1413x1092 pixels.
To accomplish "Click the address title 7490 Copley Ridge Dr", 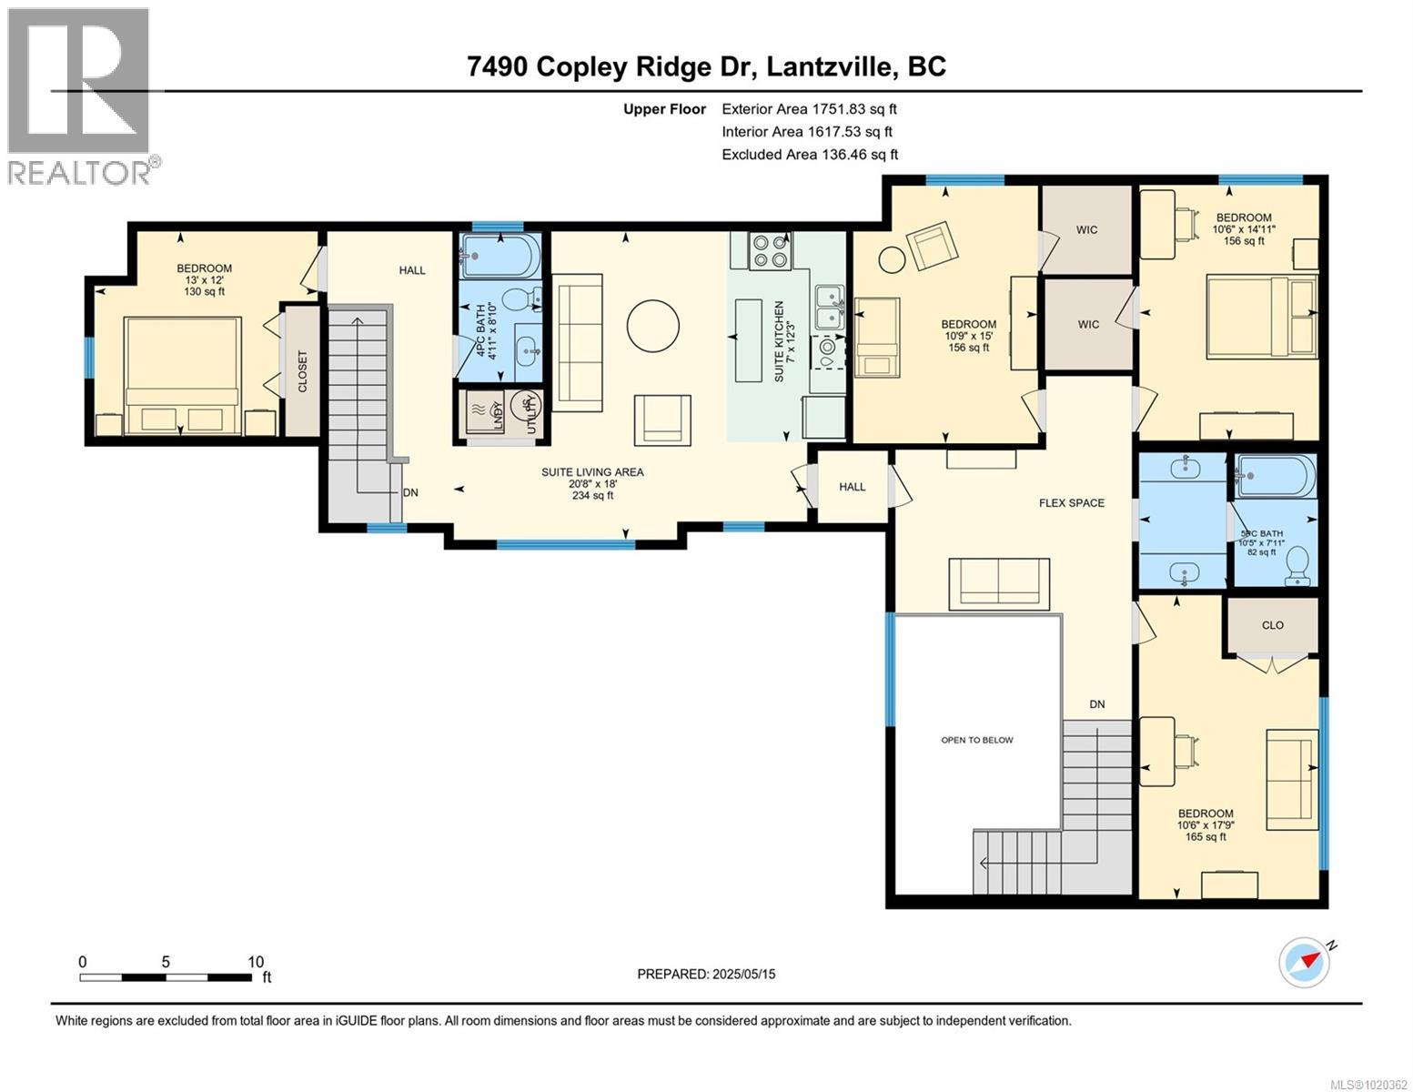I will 705,66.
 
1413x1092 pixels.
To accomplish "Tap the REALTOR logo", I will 80,95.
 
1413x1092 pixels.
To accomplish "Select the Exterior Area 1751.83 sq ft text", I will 809,109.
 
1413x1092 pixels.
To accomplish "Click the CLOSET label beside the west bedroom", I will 301,371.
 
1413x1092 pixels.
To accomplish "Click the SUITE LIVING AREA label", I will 592,471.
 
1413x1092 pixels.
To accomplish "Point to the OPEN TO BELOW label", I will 976,740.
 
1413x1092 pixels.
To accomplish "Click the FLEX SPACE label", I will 1072,502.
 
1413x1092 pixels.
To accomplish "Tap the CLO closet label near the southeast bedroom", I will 1272,624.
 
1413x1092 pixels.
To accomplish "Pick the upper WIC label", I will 1086,230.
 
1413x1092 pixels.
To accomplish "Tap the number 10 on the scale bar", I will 256,962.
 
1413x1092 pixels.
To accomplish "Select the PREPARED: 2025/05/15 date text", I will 706,974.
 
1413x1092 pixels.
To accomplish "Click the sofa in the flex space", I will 999,582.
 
